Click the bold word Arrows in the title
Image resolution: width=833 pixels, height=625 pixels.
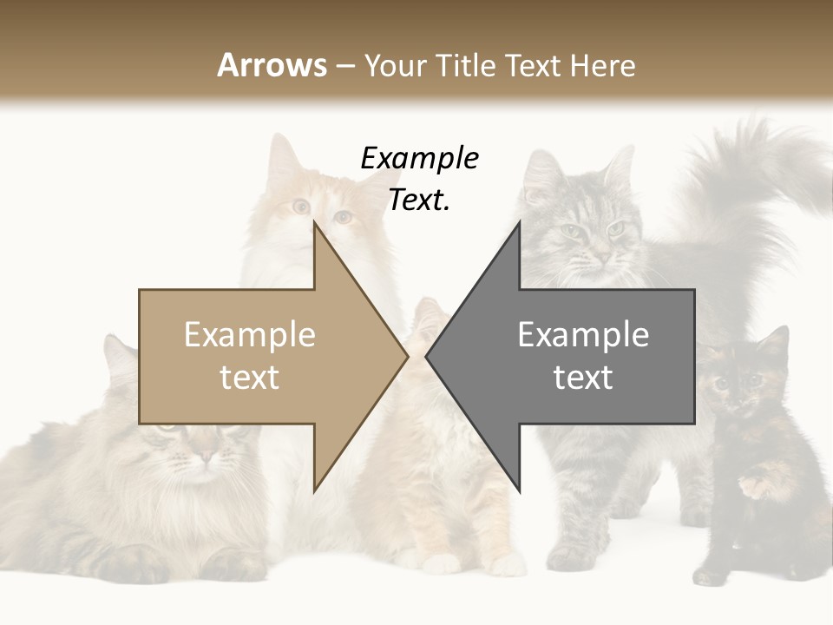tap(272, 65)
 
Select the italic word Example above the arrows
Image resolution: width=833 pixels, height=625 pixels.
tap(419, 159)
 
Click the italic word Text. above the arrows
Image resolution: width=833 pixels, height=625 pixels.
tap(419, 201)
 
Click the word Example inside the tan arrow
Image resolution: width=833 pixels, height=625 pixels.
tap(250, 335)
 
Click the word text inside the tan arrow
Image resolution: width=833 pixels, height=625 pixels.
tap(250, 378)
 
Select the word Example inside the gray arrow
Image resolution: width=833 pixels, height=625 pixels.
tap(583, 335)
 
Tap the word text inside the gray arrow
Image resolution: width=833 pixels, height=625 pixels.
tap(583, 378)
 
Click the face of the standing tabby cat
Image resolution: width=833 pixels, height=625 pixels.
tap(590, 230)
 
